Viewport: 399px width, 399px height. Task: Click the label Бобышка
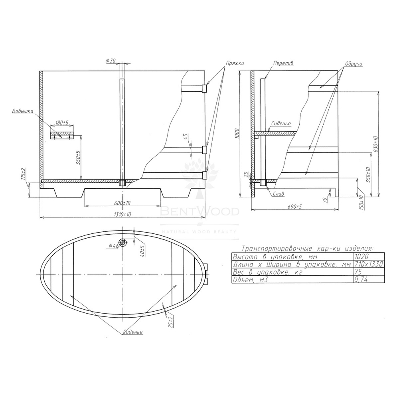click(x=23, y=111)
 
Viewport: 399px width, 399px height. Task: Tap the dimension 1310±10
click(x=122, y=215)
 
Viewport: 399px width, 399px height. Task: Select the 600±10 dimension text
click(x=122, y=203)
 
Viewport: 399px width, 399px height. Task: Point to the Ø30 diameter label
click(x=111, y=61)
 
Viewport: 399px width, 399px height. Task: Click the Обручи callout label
click(x=354, y=63)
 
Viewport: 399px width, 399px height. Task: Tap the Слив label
click(x=279, y=194)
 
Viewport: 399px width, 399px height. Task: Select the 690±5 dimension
click(x=295, y=207)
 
